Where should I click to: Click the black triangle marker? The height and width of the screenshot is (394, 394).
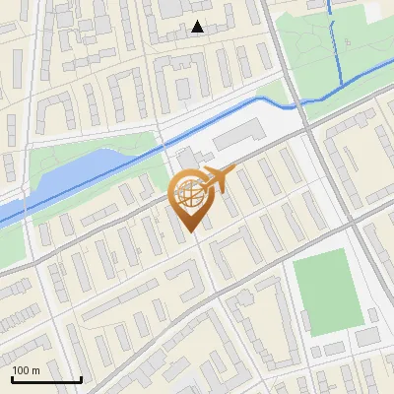coord(198,27)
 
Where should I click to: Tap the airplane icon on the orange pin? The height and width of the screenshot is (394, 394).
coord(215,179)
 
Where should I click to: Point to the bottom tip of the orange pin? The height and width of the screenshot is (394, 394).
coord(188,231)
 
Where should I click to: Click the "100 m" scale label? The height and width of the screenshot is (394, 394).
coord(26,370)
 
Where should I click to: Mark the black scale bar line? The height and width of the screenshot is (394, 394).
coord(46,379)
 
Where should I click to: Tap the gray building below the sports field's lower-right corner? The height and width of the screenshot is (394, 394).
coord(366,337)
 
